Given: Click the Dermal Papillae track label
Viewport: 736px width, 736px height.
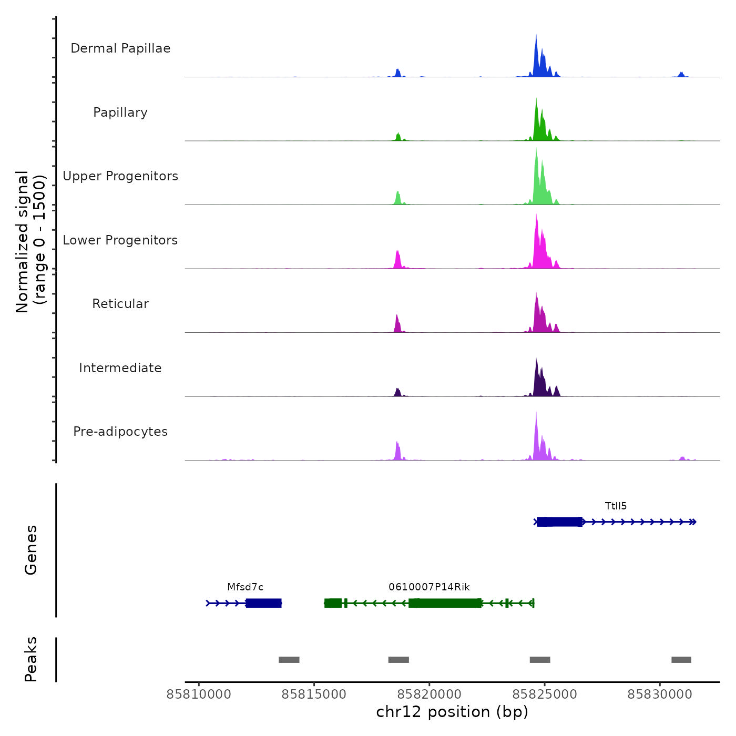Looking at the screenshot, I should (120, 48).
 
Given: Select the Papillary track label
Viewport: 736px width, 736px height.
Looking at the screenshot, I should (120, 113).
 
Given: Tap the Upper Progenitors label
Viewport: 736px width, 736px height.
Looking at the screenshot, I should (120, 176).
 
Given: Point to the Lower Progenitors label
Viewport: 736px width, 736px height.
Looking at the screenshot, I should (120, 240).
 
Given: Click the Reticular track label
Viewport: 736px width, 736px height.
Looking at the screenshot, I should (120, 304).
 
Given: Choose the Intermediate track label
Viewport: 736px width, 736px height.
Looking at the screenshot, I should (120, 368).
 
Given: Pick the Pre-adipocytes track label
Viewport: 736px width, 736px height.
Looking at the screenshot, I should (120, 432).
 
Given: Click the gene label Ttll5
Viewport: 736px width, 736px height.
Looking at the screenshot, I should (616, 506).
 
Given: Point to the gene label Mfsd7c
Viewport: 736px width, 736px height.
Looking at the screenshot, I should (245, 587).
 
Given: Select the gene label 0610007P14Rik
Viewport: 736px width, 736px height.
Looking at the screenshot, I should (429, 587).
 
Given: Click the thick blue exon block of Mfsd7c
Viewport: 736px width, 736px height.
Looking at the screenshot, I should (263, 603).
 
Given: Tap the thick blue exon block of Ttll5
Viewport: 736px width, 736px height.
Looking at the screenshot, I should (559, 522).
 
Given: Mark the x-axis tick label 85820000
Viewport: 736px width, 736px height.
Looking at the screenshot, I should (429, 694).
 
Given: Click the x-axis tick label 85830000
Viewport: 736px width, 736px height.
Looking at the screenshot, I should (660, 694).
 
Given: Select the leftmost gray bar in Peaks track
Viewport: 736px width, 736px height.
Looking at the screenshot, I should (289, 660).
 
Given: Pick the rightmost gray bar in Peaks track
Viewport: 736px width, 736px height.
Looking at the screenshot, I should (681, 660).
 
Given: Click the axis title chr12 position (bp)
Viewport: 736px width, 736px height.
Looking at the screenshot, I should (452, 712).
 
